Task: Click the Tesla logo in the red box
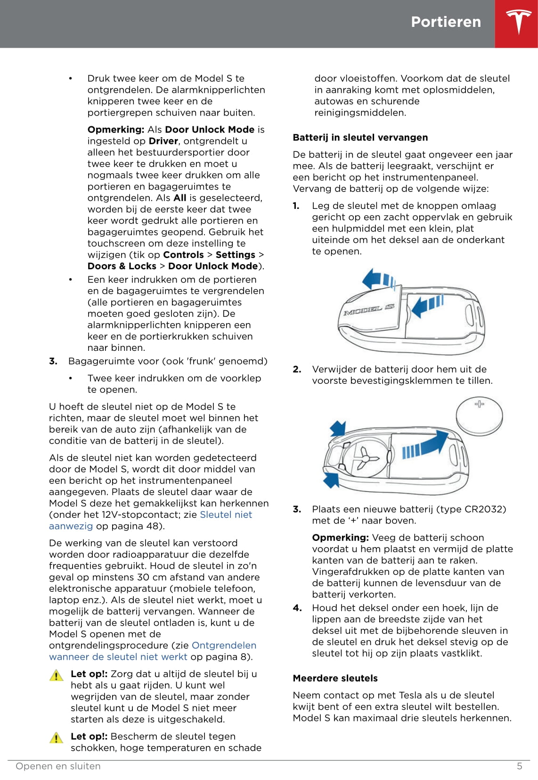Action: pos(518,23)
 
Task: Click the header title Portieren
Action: pos(446,22)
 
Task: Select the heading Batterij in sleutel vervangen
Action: pos(360,138)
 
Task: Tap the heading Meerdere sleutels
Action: pos(335,678)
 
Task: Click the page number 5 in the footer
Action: pos(519,766)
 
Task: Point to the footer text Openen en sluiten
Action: pos(58,766)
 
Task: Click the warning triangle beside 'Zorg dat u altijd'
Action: pos(56,676)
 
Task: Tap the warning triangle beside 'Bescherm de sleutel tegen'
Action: pos(56,738)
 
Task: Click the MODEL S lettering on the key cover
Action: pos(369,310)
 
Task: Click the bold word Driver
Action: pos(163,141)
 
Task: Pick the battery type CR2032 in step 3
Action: pos(485,509)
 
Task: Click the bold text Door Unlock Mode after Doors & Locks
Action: pos(212,266)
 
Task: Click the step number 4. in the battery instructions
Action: pos(297,608)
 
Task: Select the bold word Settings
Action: pos(235,255)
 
